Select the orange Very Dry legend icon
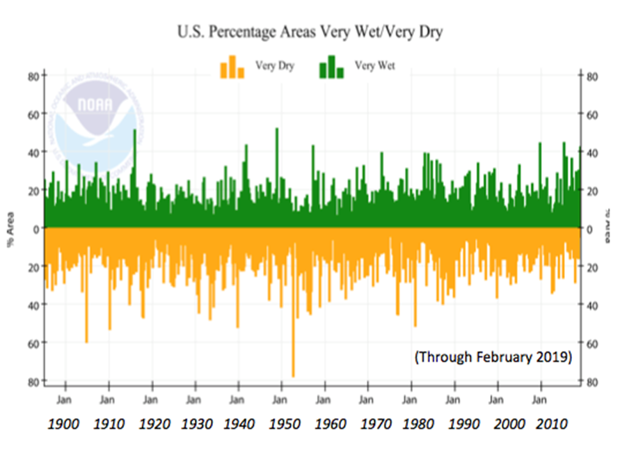[x=232, y=67]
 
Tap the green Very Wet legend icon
[x=331, y=67]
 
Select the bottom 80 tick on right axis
[x=588, y=381]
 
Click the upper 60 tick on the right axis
[x=588, y=114]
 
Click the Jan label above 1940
[x=237, y=401]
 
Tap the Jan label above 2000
[x=495, y=401]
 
